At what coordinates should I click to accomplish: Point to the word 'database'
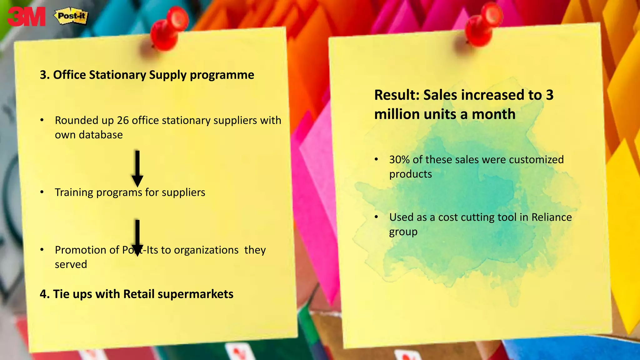(x=101, y=135)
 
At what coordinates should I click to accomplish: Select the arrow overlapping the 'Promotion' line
(x=137, y=237)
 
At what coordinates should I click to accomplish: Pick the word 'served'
(x=71, y=264)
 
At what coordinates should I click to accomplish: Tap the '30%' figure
(x=399, y=160)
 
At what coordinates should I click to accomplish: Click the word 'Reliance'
(x=552, y=217)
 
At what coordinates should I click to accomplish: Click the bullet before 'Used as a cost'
(x=377, y=217)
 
